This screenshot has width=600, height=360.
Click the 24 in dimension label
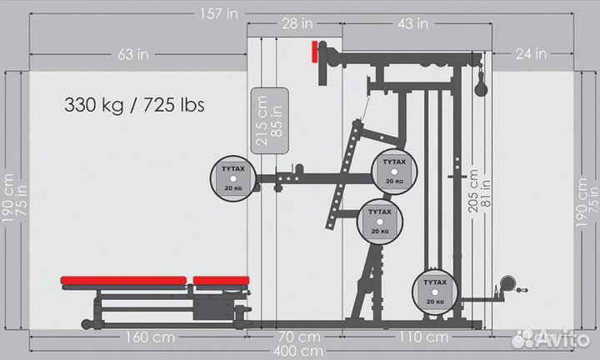click(x=530, y=54)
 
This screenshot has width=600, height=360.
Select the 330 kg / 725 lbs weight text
click(x=134, y=106)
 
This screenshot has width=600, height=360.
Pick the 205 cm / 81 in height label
click(x=479, y=192)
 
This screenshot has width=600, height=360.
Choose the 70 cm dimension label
click(x=297, y=337)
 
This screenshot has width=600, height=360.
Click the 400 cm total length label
click(x=300, y=351)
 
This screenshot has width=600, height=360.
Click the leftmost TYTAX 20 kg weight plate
click(x=233, y=174)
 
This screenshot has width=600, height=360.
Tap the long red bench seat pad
click(x=123, y=281)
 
